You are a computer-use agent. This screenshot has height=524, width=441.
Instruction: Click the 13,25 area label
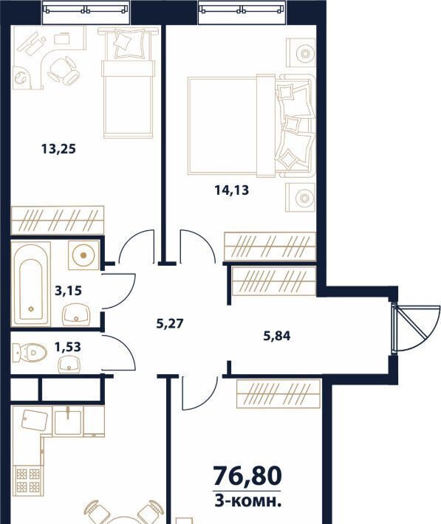tap(58, 148)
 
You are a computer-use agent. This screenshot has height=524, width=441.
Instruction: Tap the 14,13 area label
tap(231, 190)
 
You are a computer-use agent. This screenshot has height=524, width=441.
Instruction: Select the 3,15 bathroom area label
tap(68, 290)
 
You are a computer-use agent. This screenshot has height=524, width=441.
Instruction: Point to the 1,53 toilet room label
tap(67, 347)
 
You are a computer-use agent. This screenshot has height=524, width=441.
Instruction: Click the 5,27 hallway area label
tap(170, 323)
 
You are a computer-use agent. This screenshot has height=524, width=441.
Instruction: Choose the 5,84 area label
tap(277, 336)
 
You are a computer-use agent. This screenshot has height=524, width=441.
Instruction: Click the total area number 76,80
tap(247, 476)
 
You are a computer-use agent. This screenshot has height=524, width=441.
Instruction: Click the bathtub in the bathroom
tap(31, 284)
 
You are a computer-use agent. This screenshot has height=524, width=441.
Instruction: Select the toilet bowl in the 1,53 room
tap(30, 352)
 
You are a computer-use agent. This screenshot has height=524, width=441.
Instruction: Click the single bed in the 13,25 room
tap(128, 83)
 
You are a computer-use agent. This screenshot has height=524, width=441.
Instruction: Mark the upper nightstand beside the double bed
tap(301, 53)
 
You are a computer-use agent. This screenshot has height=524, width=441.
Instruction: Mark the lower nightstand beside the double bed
tap(300, 197)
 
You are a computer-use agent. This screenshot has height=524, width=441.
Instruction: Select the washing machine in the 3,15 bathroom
tap(83, 255)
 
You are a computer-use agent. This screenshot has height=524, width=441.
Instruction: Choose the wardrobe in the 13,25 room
tap(57, 220)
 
